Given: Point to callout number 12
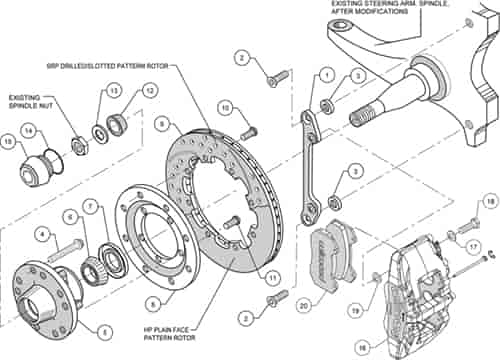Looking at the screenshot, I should [x=149, y=91].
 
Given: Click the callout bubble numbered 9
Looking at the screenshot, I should [x=161, y=124].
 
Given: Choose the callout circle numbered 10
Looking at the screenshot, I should [x=226, y=107].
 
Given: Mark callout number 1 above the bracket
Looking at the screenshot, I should [x=326, y=75].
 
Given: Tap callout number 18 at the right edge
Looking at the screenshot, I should [x=489, y=203].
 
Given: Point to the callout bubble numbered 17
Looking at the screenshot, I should [x=473, y=244].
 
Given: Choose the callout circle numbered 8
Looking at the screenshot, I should [x=153, y=303].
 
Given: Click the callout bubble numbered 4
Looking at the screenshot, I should [x=44, y=235].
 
